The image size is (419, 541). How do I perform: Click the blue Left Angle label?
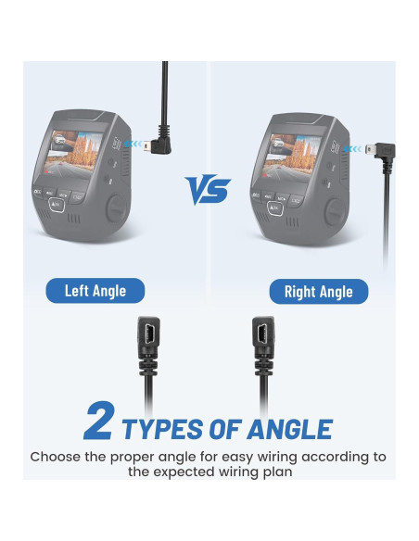pyautogui.click(x=95, y=291)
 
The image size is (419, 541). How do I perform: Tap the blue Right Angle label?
pyautogui.click(x=318, y=292)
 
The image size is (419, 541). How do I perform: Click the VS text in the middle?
pyautogui.click(x=209, y=191)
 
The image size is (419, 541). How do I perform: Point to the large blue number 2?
pyautogui.click(x=99, y=421)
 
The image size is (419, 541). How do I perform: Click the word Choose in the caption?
pyautogui.click(x=58, y=457)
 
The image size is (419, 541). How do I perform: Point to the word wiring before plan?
pyautogui.click(x=262, y=472)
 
